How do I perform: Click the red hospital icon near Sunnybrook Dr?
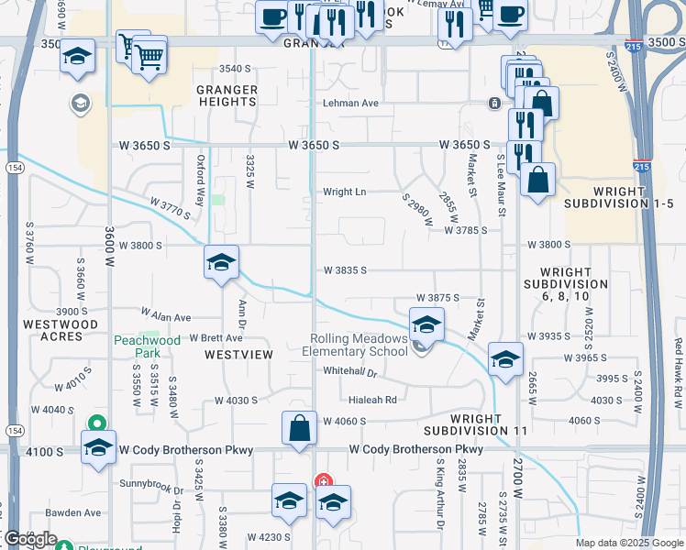[323, 480]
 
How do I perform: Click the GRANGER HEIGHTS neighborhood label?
[227, 95]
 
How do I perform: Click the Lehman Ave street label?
[350, 104]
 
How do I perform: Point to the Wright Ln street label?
[344, 192]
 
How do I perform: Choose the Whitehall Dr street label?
[350, 372]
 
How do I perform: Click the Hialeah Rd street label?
[372, 400]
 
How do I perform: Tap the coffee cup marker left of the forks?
[272, 17]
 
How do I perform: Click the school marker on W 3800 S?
[221, 263]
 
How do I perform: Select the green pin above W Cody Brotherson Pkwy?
[95, 423]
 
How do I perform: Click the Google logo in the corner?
[29, 539]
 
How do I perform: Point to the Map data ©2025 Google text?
[628, 544]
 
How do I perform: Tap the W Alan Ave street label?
[165, 317]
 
